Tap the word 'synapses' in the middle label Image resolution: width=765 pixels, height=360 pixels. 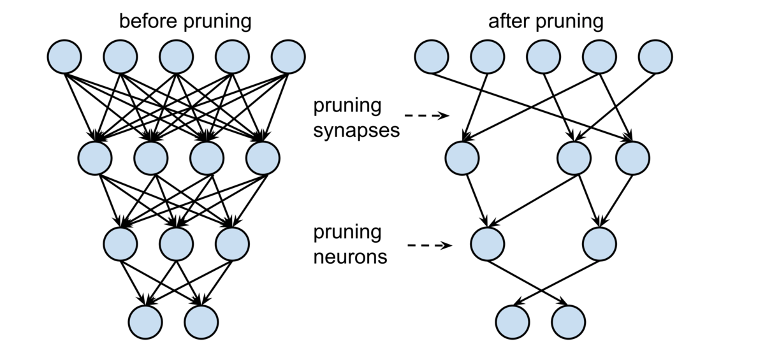pos(356,131)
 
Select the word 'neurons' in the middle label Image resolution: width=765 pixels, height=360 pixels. pos(350,257)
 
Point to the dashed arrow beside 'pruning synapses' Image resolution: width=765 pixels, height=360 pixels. pos(427,116)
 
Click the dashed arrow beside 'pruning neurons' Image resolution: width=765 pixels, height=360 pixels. pos(429,245)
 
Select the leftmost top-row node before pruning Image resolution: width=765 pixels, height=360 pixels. pos(64,57)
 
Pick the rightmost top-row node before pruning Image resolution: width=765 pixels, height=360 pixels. pos(288,57)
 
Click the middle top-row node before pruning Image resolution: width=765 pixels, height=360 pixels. pos(176,57)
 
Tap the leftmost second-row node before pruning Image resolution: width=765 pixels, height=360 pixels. pos(95,156)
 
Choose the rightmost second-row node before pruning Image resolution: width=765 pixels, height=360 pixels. pos(263,156)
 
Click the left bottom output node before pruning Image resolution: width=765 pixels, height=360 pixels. pos(145,321)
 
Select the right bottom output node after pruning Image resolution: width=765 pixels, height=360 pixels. pos(568,321)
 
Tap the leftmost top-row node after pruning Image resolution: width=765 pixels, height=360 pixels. pos(432,57)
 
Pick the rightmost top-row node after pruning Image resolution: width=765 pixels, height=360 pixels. pos(655,57)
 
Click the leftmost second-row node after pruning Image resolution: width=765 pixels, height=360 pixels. pos(462,157)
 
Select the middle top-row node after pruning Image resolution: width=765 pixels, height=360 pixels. pos(543,57)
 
